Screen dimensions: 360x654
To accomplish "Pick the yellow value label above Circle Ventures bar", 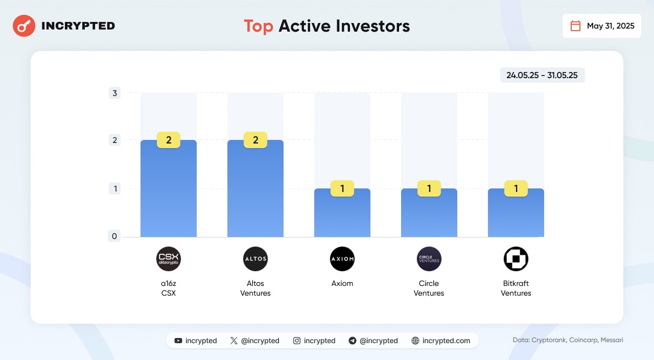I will pos(429,189).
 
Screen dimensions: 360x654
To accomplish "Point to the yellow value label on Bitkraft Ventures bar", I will pos(516,189).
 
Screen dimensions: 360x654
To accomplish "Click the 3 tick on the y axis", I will pos(115,93).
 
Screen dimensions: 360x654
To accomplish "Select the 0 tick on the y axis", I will pos(115,236).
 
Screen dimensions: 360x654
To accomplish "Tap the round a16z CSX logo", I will pos(169,259).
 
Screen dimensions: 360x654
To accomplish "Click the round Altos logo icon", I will pos(255,259).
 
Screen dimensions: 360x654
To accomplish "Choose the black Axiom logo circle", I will pos(342,259).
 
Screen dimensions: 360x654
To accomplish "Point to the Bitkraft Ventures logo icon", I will pos(516,259).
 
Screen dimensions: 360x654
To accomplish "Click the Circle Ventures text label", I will pos(429,288).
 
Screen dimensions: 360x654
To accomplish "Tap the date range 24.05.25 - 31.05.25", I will pos(542,75).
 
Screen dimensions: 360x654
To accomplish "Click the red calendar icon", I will pos(575,26).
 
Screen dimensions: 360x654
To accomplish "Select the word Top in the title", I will pos(258,26).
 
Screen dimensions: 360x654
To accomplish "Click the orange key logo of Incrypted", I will pos(24,26).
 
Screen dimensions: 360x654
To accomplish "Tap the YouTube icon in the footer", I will pos(178,341).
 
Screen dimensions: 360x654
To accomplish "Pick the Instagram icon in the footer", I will pos(297,341).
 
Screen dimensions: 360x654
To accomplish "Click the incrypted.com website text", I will pos(446,341).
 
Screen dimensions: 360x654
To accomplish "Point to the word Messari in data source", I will pos(610,340).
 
